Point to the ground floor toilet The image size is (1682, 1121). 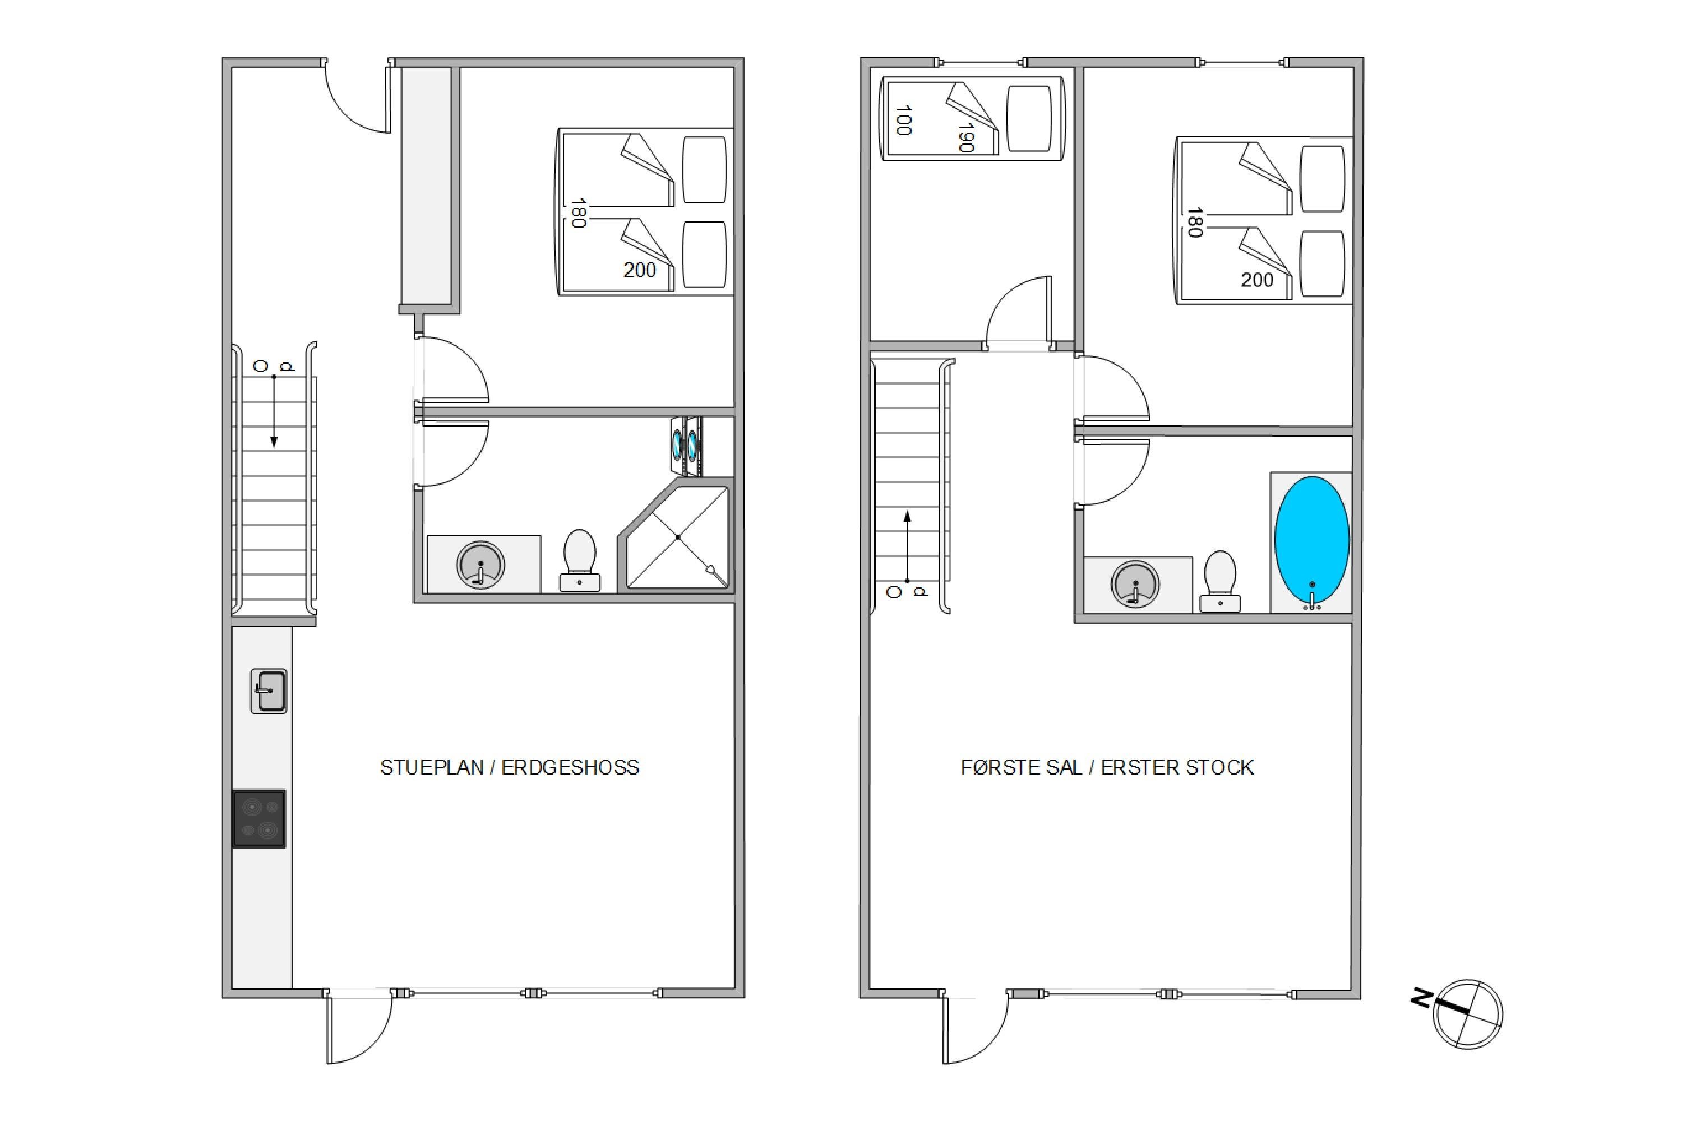point(579,560)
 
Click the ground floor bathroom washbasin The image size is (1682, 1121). point(480,564)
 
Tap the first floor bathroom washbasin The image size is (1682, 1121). point(1135,584)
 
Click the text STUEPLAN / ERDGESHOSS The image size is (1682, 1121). point(509,768)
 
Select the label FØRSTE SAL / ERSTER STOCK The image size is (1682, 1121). point(1107,768)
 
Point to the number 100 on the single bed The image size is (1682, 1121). point(903,120)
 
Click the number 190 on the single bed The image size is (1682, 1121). point(965,137)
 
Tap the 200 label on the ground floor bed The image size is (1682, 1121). point(639,270)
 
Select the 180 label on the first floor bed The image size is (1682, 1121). point(1194,223)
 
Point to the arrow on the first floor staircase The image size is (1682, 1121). point(908,547)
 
